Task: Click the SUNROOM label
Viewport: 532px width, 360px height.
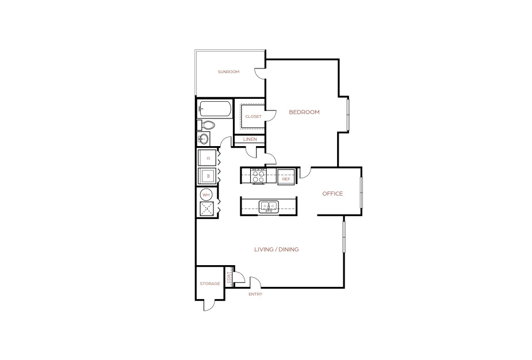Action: [228, 71]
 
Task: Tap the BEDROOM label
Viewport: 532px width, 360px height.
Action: [304, 112]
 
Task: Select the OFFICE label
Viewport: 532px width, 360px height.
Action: [332, 193]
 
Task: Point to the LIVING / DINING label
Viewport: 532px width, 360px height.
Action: [277, 250]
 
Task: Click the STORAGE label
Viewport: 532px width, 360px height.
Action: [210, 284]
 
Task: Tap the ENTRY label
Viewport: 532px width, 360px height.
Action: [255, 294]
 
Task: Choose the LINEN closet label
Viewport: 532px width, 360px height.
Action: [250, 139]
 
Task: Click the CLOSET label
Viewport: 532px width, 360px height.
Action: [254, 116]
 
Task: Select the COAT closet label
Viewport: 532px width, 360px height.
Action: [229, 278]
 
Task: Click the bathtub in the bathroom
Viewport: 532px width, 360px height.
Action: [215, 109]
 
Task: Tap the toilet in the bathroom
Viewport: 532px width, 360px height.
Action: [206, 125]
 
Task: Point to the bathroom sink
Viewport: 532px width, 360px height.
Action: [204, 139]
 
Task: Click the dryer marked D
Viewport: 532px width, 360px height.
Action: [207, 158]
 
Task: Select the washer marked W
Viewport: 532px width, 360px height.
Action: [207, 176]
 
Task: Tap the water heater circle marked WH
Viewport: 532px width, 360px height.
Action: [206, 195]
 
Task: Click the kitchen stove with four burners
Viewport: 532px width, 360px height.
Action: [258, 176]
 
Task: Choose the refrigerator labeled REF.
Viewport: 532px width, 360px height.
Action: [286, 177]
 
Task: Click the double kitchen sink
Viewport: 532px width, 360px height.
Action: [269, 206]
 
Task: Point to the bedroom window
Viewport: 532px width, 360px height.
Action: [348, 114]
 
